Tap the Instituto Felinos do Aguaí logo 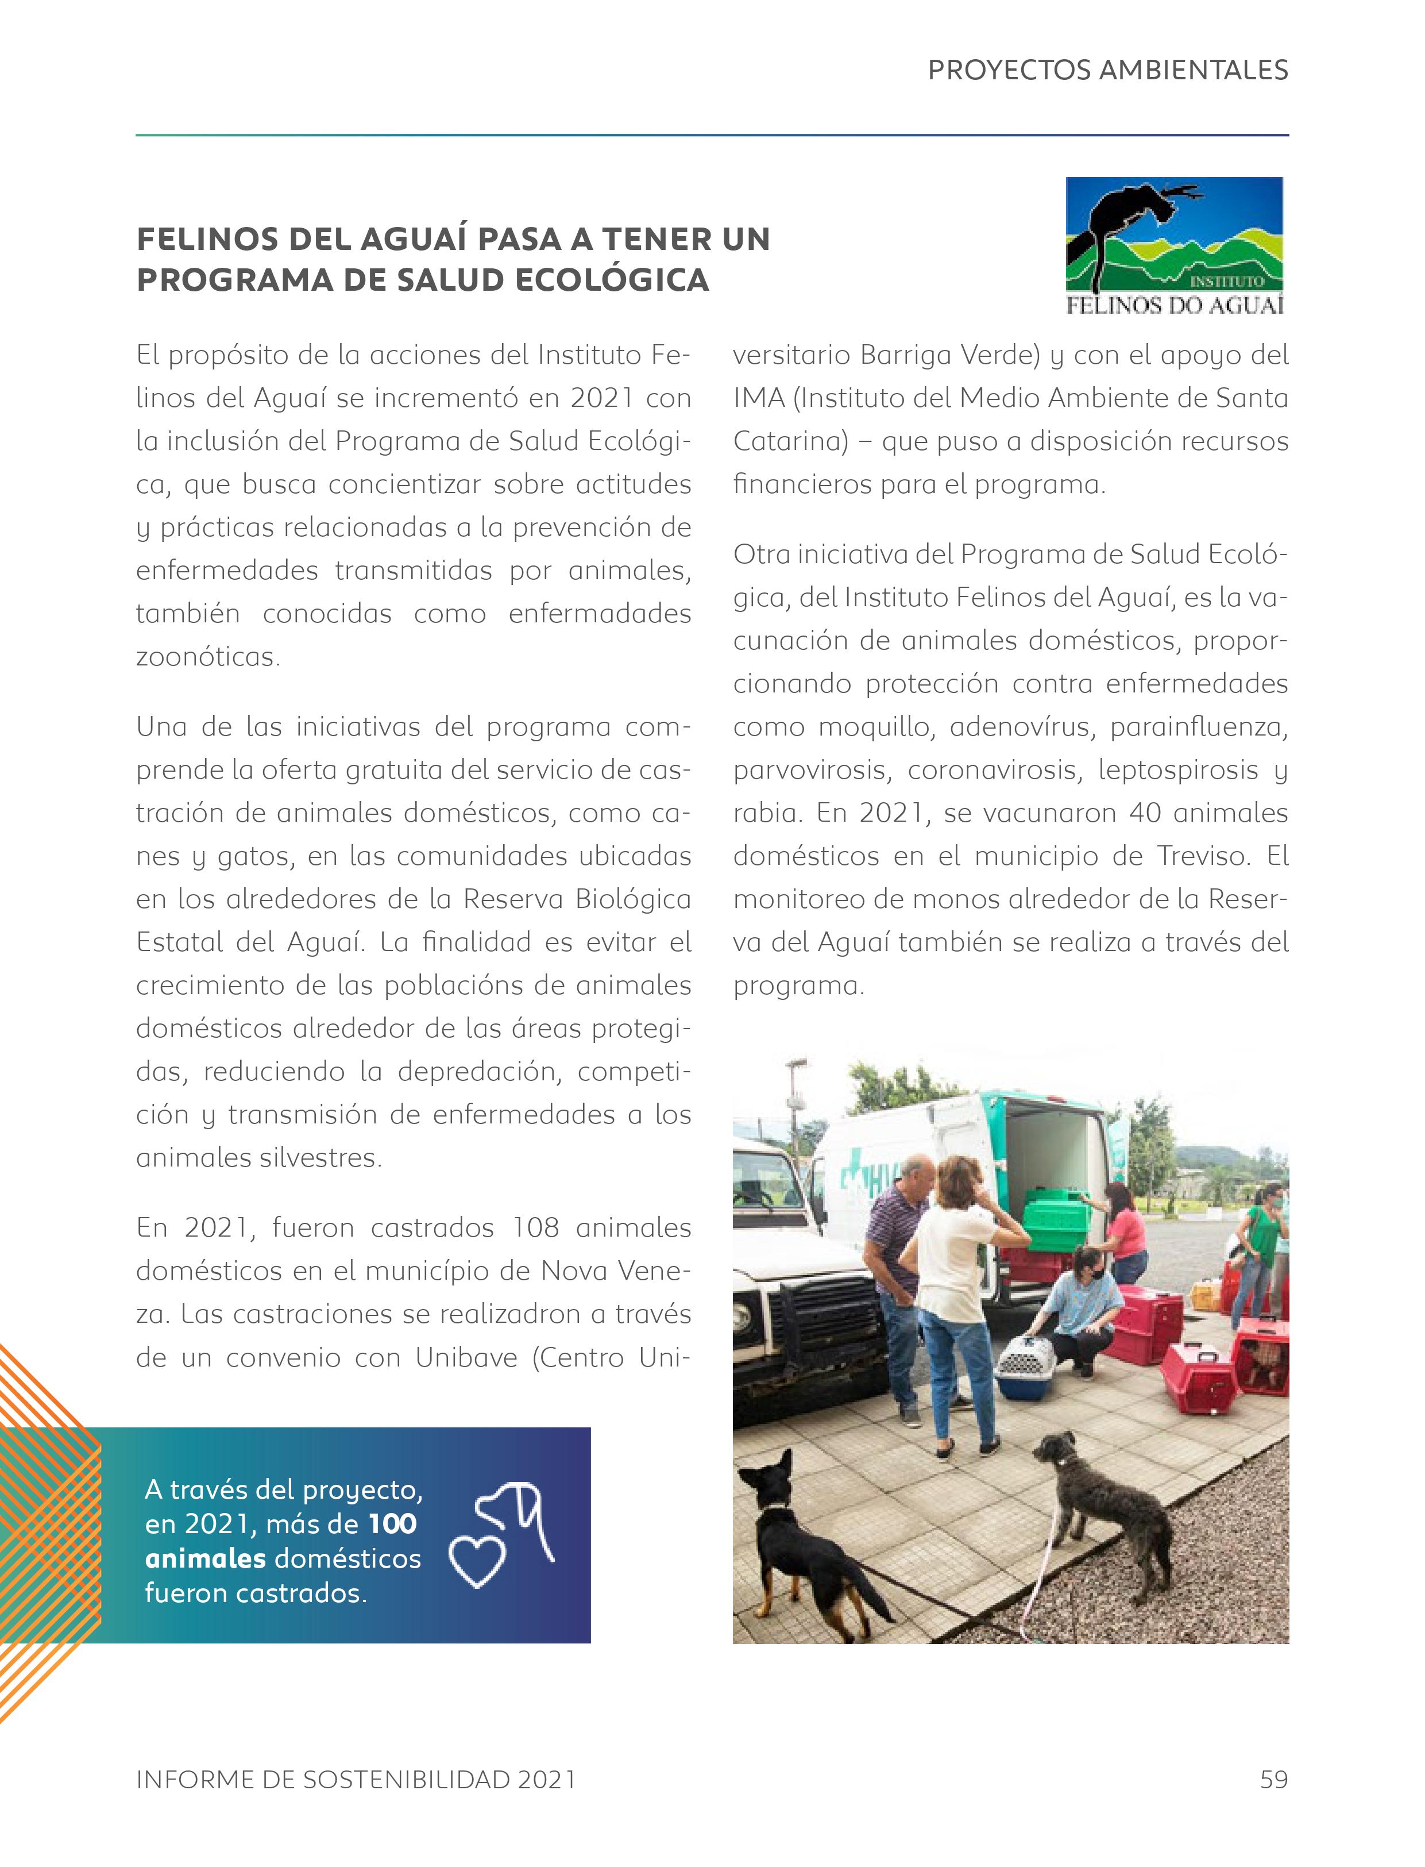1175,245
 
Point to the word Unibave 466,1358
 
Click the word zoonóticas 208,657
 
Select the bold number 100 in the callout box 393,1524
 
